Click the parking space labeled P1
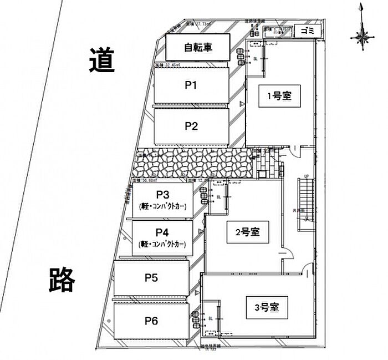pos(191,85)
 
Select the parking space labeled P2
pos(191,126)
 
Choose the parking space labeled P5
pos(151,278)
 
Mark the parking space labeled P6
pos(151,320)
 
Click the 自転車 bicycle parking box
pos(198,48)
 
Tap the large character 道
pos(101,60)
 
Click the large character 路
pos(62,280)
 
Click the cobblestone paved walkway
pos(194,163)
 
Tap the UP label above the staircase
pos(305,178)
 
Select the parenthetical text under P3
pos(162,206)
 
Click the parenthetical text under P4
pos(162,244)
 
